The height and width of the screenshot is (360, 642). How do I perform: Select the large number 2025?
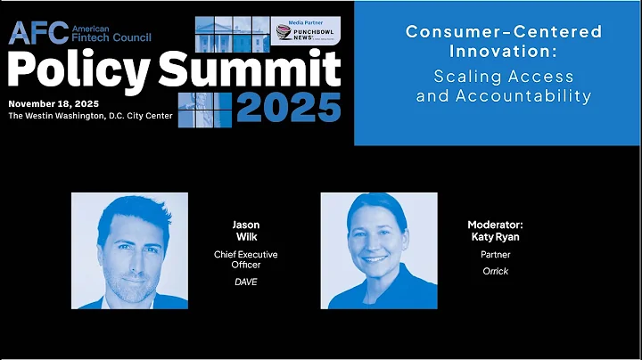pos(289,107)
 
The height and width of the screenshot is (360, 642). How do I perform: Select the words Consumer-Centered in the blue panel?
pos(504,32)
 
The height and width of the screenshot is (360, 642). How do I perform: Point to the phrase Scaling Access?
pos(504,77)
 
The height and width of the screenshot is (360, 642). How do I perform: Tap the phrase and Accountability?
pos(504,96)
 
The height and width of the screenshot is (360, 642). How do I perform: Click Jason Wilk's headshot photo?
pos(129,250)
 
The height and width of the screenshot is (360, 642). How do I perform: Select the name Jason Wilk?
pos(245,232)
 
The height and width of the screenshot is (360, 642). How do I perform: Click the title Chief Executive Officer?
pos(245,260)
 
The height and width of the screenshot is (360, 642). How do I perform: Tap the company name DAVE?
pos(245,282)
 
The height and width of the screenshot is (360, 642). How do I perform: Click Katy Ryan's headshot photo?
pos(378,250)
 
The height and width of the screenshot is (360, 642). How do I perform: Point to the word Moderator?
pos(495,225)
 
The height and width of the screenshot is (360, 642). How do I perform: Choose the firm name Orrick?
pos(495,271)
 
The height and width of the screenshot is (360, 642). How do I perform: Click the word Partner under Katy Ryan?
pos(495,255)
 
